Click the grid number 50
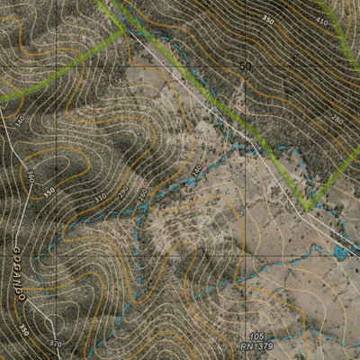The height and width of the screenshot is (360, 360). (x=246, y=66)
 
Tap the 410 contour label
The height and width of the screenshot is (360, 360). (x=322, y=18)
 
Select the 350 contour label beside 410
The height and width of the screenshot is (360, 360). (x=267, y=19)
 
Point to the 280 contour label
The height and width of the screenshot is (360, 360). (x=337, y=120)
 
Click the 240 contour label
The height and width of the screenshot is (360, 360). (x=195, y=169)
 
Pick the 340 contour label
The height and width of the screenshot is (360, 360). (x=20, y=120)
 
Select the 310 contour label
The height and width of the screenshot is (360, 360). (x=99, y=194)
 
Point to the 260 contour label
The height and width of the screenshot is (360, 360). (x=141, y=194)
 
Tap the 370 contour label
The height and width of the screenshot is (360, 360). (x=56, y=343)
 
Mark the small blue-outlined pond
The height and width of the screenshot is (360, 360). (x=339, y=252)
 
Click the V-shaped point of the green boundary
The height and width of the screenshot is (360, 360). (x=308, y=207)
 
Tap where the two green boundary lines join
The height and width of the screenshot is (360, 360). (x=123, y=31)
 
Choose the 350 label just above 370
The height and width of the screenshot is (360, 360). (x=24, y=331)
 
